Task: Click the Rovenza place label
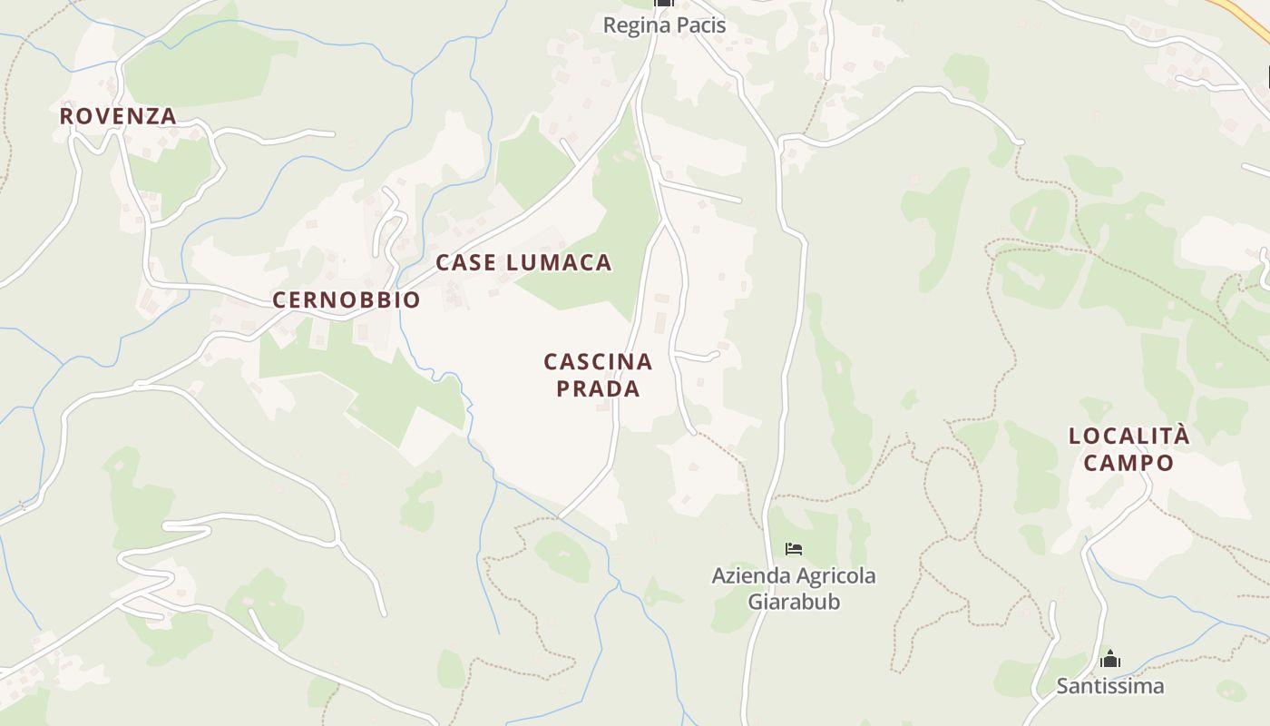[x=118, y=116]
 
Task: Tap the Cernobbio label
[x=347, y=299]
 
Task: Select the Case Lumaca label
[x=523, y=262]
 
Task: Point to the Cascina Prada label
[x=598, y=375]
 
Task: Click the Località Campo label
[x=1128, y=448]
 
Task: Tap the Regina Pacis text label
[x=664, y=25]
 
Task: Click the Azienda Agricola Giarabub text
[x=794, y=588]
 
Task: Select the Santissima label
[x=1109, y=685]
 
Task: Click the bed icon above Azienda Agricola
[x=794, y=548]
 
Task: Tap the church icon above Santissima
[x=1109, y=659]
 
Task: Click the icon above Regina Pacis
[x=664, y=3]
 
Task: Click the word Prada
[x=598, y=388]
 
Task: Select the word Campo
[x=1128, y=462]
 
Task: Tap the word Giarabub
[x=794, y=601]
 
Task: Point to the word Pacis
[x=698, y=25]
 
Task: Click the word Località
[x=1128, y=436]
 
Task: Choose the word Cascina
[x=598, y=361]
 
